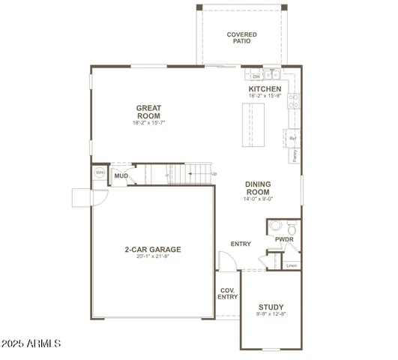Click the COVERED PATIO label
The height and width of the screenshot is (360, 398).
click(x=241, y=37)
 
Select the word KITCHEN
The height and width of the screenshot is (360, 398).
click(x=265, y=88)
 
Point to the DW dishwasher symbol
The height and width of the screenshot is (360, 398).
click(x=256, y=76)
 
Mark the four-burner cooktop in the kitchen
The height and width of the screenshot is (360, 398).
click(x=295, y=101)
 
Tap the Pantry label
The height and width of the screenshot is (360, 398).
click(x=295, y=156)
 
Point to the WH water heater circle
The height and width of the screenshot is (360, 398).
click(x=99, y=172)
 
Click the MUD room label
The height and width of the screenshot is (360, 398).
click(x=121, y=176)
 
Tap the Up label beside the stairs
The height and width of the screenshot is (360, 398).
click(x=214, y=174)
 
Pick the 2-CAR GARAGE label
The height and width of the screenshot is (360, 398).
click(x=152, y=250)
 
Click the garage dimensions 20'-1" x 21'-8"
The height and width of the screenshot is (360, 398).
click(x=152, y=257)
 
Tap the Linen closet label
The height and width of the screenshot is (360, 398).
click(x=292, y=265)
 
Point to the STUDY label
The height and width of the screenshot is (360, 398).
click(x=271, y=307)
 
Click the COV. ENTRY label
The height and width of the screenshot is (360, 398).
click(x=228, y=293)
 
